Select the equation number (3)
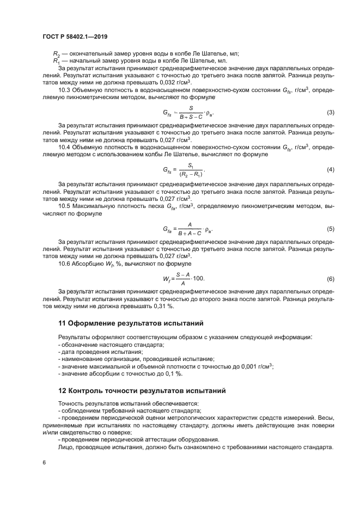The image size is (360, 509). (330, 113)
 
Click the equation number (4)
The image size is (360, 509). (330, 170)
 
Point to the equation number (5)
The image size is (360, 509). (330, 228)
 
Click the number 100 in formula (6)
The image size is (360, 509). (198, 278)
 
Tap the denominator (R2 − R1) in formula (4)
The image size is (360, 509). (191, 175)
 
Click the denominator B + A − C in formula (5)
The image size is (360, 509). (190, 232)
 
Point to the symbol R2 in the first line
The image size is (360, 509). (57, 53)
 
